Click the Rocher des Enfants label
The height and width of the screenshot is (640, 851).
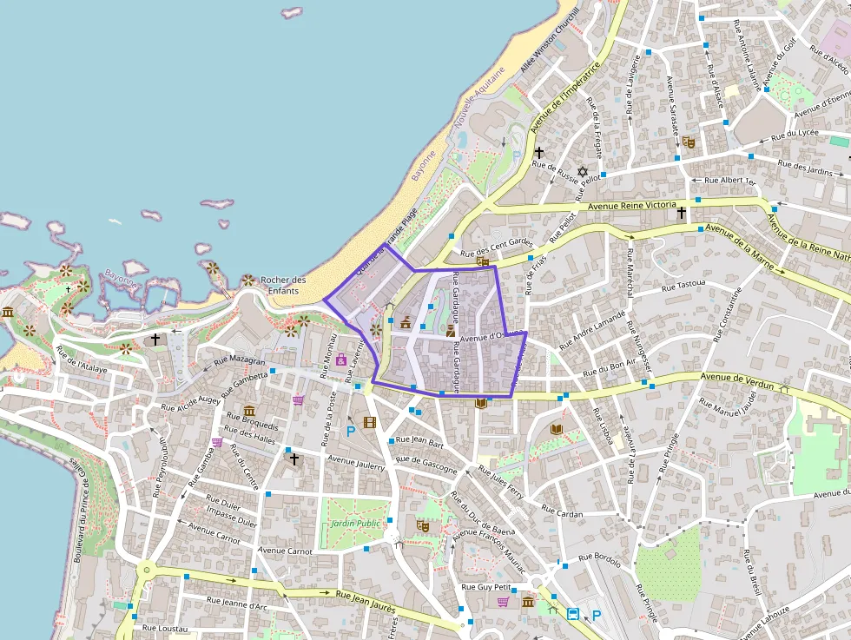pyautogui.click(x=283, y=285)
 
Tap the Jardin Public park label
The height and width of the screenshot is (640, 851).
pyautogui.click(x=355, y=524)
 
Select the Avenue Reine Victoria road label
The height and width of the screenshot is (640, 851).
pyautogui.click(x=632, y=206)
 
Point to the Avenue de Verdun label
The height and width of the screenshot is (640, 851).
pyautogui.click(x=729, y=378)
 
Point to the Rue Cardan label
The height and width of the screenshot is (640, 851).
pyautogui.click(x=562, y=513)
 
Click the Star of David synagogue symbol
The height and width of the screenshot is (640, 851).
pyautogui.click(x=583, y=170)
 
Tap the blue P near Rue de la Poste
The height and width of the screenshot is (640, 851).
pyautogui.click(x=351, y=431)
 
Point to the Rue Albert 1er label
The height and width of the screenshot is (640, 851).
pyautogui.click(x=730, y=181)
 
